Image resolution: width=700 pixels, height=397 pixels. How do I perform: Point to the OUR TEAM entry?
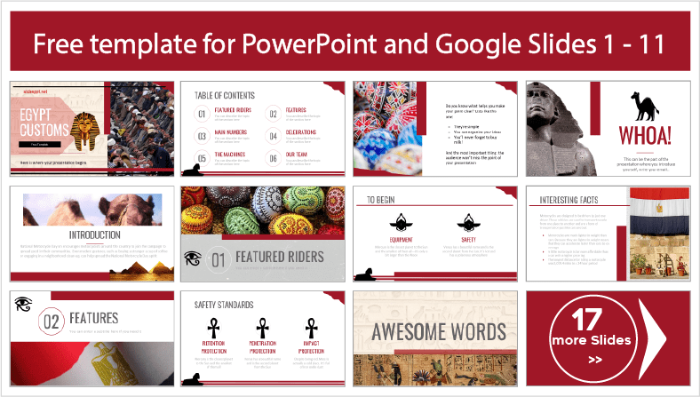(297, 155)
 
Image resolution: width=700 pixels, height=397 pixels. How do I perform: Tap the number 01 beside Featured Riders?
(219, 259)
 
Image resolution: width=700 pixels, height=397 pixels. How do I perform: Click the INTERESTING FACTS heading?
(566, 201)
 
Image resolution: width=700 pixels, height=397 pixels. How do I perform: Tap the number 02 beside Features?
(51, 320)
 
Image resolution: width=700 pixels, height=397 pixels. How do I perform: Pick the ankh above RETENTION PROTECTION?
(212, 328)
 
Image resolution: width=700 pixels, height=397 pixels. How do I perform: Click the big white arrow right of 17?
(660, 338)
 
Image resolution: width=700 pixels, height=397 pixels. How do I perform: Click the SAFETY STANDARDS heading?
(225, 304)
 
